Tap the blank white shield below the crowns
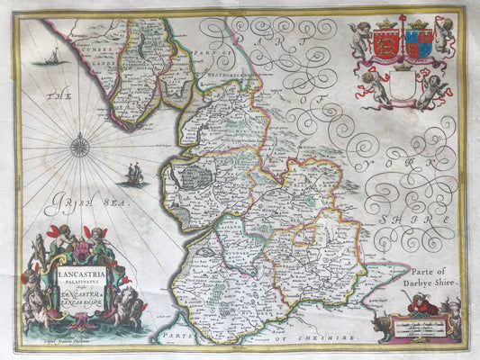[x=404, y=87]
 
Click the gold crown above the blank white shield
[x=404, y=68]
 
